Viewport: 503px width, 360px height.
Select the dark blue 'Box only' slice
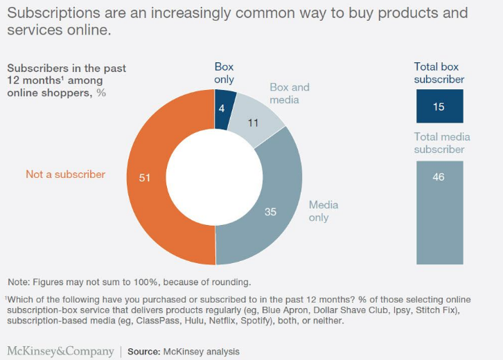pyautogui.click(x=225, y=101)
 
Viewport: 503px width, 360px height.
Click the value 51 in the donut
pyautogui.click(x=145, y=177)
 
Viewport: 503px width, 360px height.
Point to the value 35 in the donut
pyautogui.click(x=270, y=212)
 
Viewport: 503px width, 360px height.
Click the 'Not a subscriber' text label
pyautogui.click(x=66, y=174)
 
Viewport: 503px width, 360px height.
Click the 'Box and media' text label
pyautogui.click(x=289, y=93)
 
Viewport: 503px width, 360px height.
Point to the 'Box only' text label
pyautogui.click(x=223, y=73)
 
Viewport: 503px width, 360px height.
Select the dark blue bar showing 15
pyautogui.click(x=439, y=107)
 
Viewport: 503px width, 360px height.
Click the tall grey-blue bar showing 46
pyautogui.click(x=439, y=212)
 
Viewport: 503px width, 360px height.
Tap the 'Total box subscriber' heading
pyautogui.click(x=439, y=73)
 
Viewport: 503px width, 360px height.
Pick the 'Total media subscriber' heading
pyautogui.click(x=439, y=143)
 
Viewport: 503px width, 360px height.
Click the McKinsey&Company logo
pyautogui.click(x=60, y=351)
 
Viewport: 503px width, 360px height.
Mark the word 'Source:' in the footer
pyautogui.click(x=144, y=352)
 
